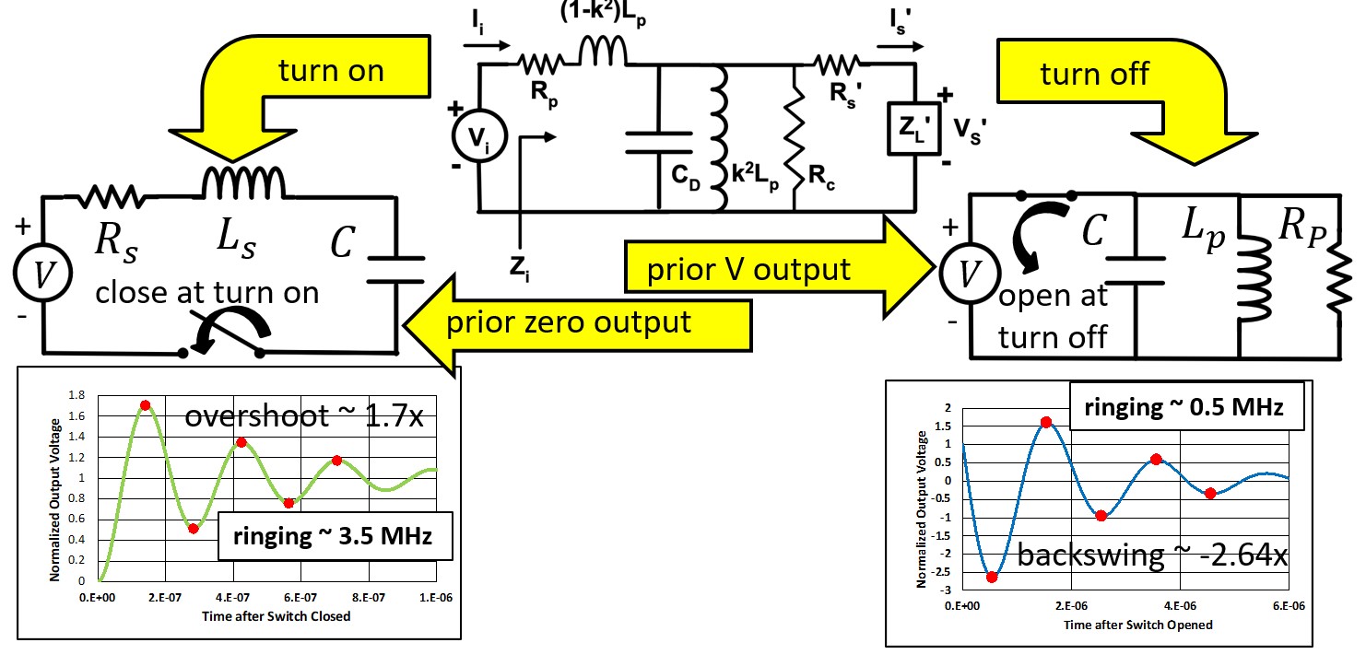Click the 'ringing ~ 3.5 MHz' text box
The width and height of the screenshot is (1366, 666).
[x=336, y=536]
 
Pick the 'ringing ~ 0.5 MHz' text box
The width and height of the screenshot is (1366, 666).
[x=1186, y=406]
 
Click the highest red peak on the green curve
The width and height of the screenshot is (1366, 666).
[x=145, y=405]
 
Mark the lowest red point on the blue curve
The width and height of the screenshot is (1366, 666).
[x=992, y=577]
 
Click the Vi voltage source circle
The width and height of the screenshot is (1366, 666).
[x=479, y=136]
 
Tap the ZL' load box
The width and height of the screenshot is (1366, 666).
[x=914, y=129]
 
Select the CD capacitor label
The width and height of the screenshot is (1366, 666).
[x=686, y=177]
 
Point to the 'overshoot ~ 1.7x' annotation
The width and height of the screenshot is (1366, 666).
[x=303, y=416]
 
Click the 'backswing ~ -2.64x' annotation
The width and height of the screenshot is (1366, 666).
[x=1152, y=555]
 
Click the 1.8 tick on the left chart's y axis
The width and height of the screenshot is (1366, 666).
[x=77, y=395]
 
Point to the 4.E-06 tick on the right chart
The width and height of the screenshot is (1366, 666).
[x=1180, y=606]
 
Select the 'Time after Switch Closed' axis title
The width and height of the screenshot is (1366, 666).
[x=277, y=616]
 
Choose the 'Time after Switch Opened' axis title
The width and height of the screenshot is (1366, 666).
[x=1138, y=625]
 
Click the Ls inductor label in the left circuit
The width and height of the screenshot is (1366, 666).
[x=237, y=239]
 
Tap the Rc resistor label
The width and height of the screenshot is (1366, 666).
[x=821, y=177]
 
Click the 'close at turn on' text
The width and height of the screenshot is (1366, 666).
[x=207, y=293]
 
